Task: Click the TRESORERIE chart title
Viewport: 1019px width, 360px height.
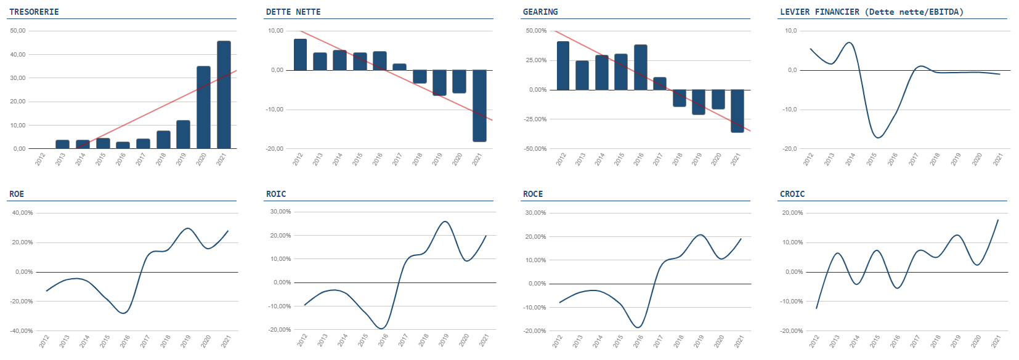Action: tap(34, 12)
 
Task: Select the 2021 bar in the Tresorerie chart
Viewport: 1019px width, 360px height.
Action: tap(224, 95)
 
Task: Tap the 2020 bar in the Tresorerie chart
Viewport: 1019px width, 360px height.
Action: tap(203, 107)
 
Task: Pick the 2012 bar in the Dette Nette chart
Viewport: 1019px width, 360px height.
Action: tap(300, 55)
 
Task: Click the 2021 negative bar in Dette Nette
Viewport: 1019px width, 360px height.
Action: tap(479, 106)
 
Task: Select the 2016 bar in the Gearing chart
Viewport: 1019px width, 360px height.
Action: tap(640, 67)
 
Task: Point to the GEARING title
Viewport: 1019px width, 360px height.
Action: tap(540, 12)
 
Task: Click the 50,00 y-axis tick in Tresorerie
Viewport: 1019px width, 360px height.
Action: tap(18, 31)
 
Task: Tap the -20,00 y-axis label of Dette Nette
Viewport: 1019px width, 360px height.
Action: tap(275, 149)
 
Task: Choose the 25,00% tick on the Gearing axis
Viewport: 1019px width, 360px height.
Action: tap(535, 60)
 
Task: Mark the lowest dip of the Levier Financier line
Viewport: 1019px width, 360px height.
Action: tap(877, 137)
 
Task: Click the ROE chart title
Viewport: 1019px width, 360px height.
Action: tap(17, 194)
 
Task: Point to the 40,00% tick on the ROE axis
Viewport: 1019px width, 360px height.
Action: tap(23, 213)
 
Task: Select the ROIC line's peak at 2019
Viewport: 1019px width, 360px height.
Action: tap(444, 222)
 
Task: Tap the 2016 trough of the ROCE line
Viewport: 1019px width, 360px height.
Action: tap(638, 327)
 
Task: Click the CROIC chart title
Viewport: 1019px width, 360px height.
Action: tap(792, 194)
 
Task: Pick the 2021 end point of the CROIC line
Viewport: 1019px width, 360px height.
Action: tap(998, 220)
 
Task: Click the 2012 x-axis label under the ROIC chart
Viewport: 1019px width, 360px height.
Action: tap(302, 340)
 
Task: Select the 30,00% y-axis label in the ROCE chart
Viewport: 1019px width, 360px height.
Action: tap(535, 213)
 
